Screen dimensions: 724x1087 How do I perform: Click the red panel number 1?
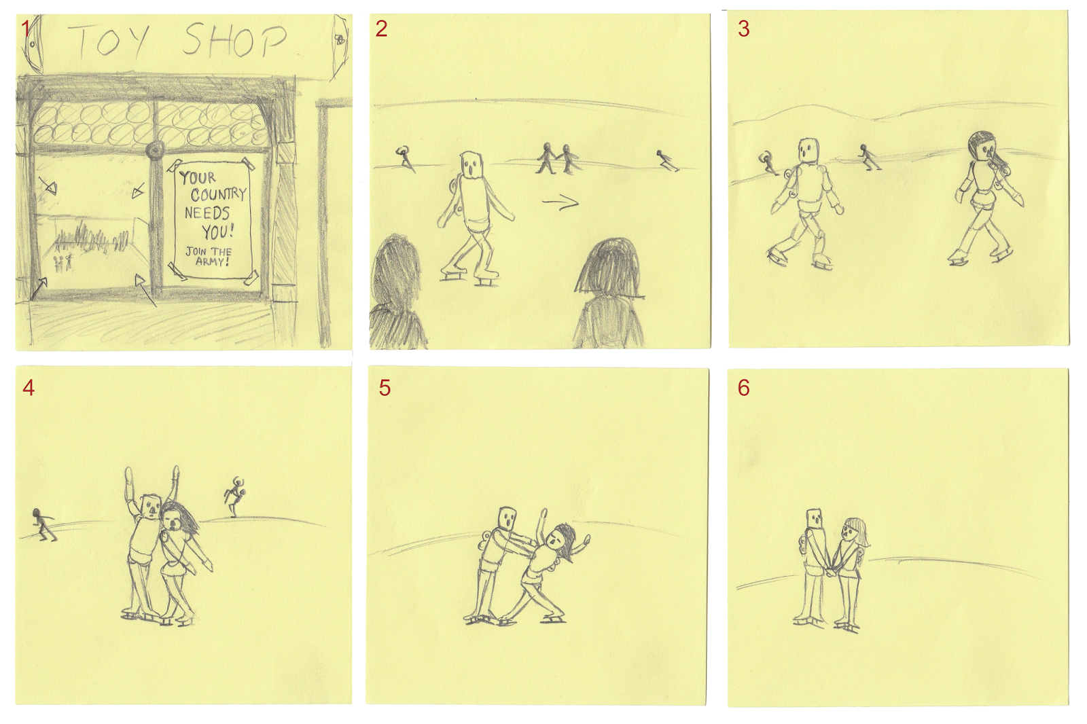26,29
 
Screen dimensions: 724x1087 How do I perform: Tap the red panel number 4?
29,388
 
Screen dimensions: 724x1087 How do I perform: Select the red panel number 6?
744,388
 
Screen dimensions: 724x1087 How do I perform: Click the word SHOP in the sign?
234,41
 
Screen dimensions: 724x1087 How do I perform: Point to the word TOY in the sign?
109,41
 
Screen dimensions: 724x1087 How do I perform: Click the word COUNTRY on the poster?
218,195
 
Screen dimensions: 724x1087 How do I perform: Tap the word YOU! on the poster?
217,232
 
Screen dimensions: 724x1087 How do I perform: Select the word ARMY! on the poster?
213,261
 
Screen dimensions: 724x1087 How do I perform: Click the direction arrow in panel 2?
560,202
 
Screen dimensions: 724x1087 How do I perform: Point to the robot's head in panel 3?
808,151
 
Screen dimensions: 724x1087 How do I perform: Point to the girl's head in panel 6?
854,532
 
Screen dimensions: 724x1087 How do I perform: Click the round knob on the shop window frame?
155,150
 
